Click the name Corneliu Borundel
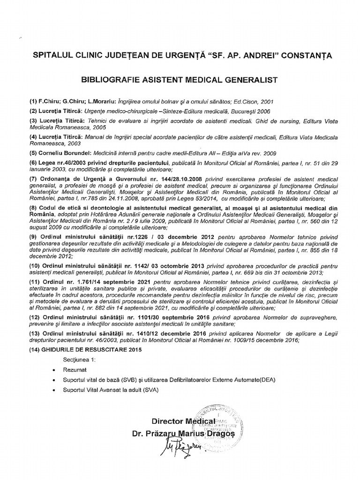pyautogui.click(x=62, y=153)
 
